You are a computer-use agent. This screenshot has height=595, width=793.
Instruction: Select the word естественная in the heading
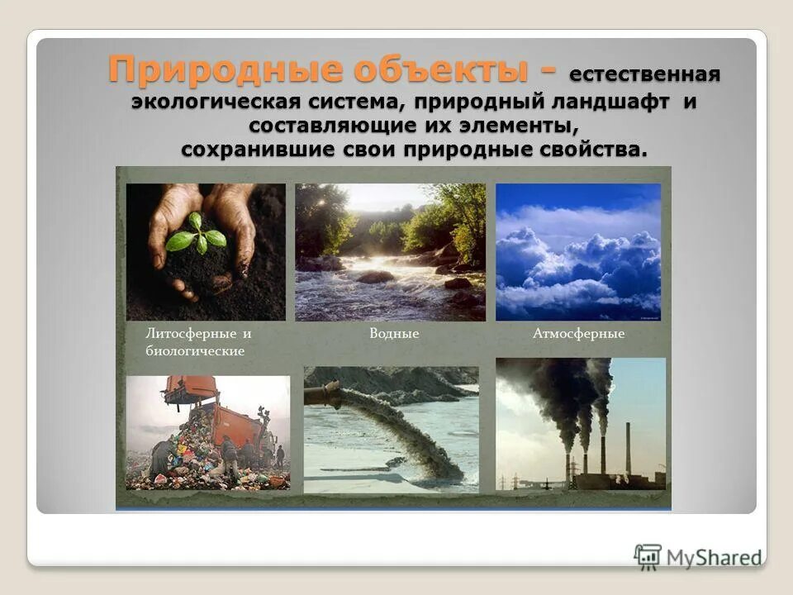coord(644,75)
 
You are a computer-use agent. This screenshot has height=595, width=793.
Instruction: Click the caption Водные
coord(394,334)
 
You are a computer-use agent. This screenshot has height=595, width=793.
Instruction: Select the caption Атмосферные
coord(578,334)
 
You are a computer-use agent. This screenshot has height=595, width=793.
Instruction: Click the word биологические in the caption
coord(195,351)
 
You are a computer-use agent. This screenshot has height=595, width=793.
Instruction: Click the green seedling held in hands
coord(197,235)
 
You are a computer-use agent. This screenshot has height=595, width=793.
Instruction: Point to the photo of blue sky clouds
coord(578,252)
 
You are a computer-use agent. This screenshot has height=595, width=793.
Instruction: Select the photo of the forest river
coord(390,252)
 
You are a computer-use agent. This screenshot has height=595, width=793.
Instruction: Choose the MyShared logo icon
coord(648,556)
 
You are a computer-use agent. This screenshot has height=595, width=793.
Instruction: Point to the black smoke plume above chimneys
coord(562,388)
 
